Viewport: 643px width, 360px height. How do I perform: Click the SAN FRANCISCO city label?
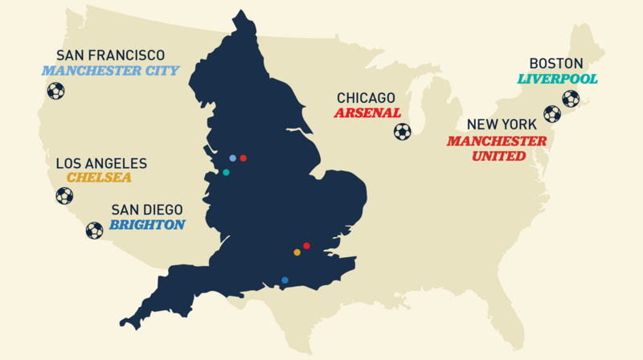pos(111,55)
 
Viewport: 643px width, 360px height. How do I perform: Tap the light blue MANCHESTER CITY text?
pos(111,71)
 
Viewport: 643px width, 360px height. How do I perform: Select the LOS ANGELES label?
pos(101,163)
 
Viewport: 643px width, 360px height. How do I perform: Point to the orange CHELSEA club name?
pos(100,178)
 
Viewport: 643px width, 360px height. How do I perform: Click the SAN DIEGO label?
pos(146,211)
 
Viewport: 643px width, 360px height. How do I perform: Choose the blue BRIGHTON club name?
pos(147,225)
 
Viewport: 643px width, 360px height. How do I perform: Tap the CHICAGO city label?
pos(371,98)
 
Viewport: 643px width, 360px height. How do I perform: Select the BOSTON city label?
pos(555,63)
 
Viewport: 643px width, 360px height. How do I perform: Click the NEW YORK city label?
pos(506,125)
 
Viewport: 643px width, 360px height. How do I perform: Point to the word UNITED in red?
pos(498,156)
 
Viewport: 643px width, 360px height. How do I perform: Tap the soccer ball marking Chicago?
pos(403,131)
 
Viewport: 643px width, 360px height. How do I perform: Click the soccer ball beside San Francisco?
pos(55,91)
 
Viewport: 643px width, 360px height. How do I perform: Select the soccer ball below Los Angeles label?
pos(64,195)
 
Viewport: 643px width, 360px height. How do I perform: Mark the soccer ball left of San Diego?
pos(94,231)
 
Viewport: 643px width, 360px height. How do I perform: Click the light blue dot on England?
pos(232,158)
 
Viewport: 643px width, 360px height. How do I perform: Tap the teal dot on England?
pos(226,172)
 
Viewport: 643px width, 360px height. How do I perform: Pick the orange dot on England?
pos(297,252)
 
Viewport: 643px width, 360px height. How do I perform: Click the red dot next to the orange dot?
pos(306,245)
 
